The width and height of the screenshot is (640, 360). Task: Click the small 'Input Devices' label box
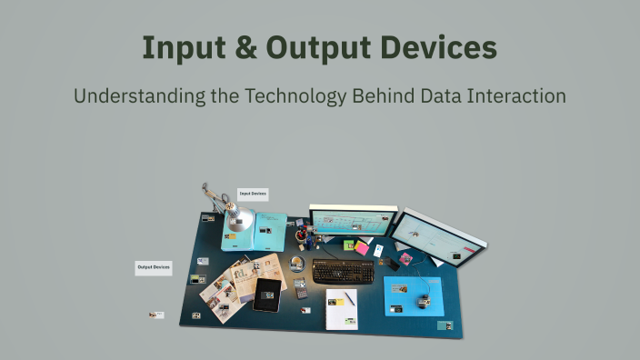click(253, 194)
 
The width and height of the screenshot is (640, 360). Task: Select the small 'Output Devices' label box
click(154, 267)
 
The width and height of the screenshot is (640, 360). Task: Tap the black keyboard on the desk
click(343, 271)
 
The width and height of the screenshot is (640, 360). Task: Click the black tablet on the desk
click(267, 294)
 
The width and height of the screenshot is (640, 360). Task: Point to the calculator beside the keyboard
click(302, 290)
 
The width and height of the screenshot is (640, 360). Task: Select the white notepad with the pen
click(342, 307)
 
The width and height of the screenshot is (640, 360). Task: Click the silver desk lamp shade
click(242, 221)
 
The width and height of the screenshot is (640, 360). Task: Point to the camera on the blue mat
click(422, 298)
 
